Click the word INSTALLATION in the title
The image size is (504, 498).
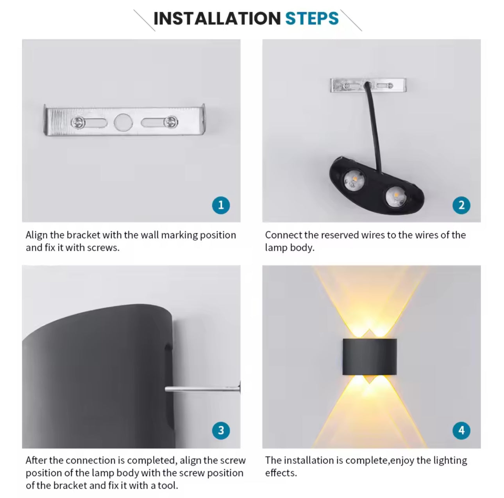click(x=217, y=19)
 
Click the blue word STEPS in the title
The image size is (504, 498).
click(x=312, y=19)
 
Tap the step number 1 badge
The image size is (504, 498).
click(x=221, y=205)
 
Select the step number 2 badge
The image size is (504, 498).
click(x=461, y=205)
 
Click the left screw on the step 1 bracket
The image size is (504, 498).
click(x=78, y=122)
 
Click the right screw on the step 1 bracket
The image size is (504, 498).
click(x=171, y=122)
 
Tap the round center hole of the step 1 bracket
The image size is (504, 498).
click(x=123, y=122)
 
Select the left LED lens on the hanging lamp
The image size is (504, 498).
click(x=354, y=180)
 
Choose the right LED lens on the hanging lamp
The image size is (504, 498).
click(x=395, y=197)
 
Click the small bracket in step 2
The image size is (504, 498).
click(x=368, y=85)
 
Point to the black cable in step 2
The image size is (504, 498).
click(x=373, y=125)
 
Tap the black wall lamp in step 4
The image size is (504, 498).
click(x=370, y=357)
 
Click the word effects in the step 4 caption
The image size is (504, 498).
click(x=281, y=473)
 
